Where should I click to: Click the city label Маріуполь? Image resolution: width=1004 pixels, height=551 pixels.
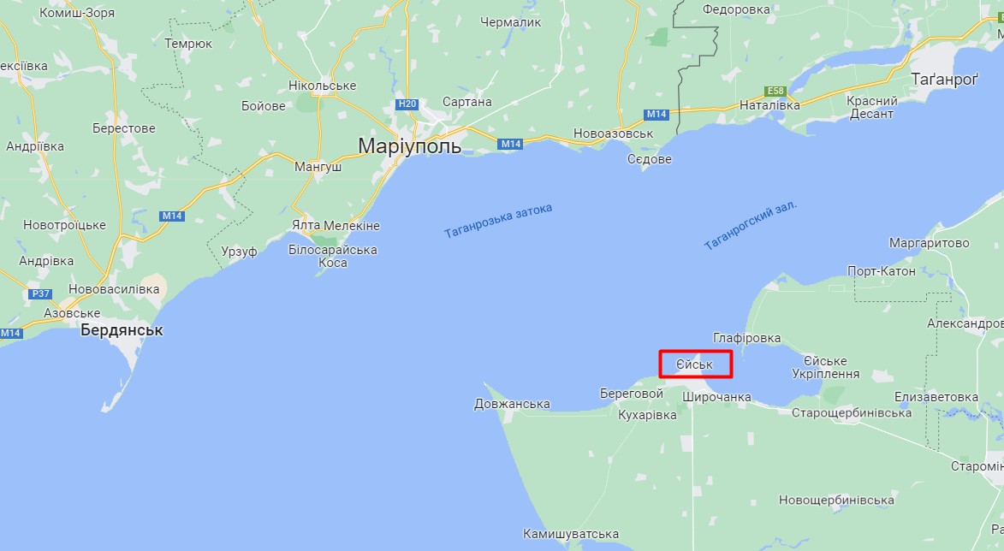[x=409, y=145]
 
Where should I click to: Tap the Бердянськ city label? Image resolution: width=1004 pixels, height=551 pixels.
[x=122, y=330]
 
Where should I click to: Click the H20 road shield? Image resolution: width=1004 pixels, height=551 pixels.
[x=407, y=104]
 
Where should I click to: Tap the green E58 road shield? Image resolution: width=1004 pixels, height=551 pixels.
[x=776, y=91]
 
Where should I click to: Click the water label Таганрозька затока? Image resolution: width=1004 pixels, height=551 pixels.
[x=498, y=221]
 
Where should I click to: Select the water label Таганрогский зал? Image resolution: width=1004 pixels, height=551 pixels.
[x=751, y=226]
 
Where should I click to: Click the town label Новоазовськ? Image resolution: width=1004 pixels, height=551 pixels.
[x=614, y=133]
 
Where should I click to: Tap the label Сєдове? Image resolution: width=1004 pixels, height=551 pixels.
[x=650, y=160]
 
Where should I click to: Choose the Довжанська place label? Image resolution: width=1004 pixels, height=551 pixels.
[x=512, y=404]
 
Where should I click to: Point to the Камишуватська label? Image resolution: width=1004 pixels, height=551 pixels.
[x=571, y=533]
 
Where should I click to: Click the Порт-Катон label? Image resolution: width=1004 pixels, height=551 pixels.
[x=881, y=271]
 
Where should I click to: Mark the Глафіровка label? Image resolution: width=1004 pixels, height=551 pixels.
[x=746, y=338]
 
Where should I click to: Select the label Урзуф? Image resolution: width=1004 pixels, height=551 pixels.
[x=239, y=251]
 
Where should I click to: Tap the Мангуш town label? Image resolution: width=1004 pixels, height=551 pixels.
[x=318, y=167]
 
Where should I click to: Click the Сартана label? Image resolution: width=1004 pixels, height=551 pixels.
[x=468, y=102]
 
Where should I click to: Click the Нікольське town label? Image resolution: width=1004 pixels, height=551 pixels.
[x=322, y=86]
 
